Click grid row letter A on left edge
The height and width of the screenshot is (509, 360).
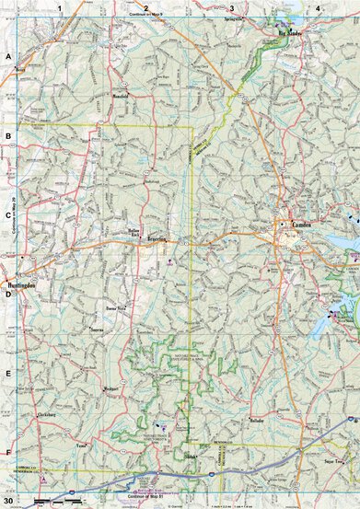coord(7,56)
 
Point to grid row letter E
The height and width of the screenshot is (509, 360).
coord(7,375)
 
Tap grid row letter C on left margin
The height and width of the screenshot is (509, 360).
coord(7,215)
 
